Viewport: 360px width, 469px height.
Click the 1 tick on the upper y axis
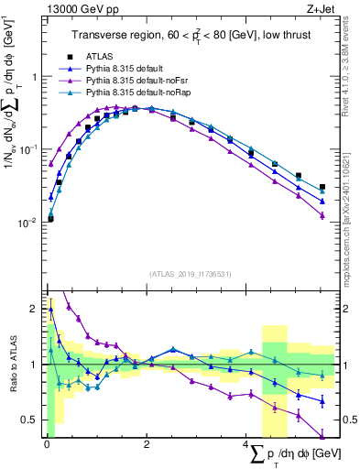click(x=34, y=76)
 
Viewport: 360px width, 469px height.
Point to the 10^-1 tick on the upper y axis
click(x=29, y=148)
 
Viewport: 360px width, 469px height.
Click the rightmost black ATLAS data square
click(x=322, y=187)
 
